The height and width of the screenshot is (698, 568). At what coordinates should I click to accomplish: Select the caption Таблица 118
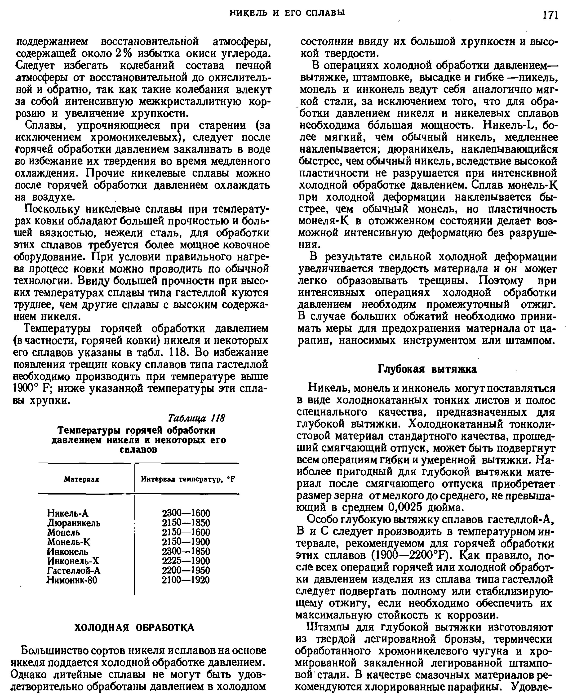[196, 418]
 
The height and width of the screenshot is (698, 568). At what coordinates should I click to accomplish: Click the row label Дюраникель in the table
[74, 523]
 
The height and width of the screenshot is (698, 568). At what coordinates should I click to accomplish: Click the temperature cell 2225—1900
[186, 561]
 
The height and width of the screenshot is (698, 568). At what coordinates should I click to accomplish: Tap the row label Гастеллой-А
[74, 570]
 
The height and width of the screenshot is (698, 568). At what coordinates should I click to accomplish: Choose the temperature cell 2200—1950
[186, 570]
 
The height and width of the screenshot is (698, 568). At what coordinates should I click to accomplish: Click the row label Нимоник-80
[72, 580]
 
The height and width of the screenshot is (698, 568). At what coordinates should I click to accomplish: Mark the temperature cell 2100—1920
[186, 580]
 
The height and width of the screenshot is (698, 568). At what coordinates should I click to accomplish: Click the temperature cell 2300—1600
[186, 513]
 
